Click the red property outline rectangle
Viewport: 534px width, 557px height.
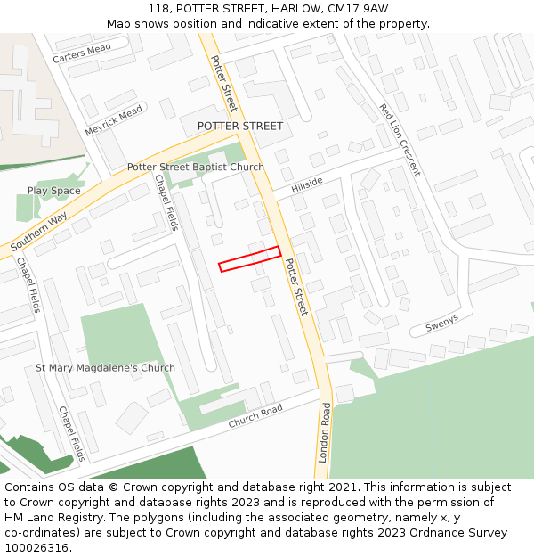point(249,258)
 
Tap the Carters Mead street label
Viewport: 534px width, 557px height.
point(82,53)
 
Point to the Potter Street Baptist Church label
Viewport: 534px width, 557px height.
point(195,167)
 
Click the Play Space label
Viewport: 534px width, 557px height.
point(53,191)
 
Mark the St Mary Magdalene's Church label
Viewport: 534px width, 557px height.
point(105,367)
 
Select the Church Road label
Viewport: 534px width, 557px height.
point(255,415)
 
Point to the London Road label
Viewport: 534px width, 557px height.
point(326,432)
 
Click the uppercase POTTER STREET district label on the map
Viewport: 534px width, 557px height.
point(240,126)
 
